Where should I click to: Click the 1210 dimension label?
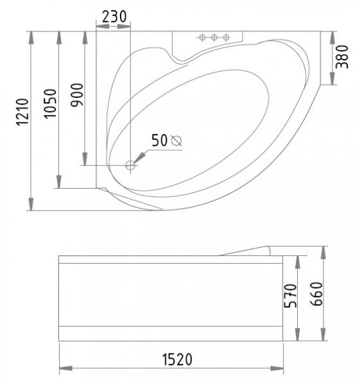(22, 112)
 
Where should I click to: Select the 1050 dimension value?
(51, 103)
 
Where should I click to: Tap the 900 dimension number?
(77, 95)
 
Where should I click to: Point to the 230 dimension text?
(114, 17)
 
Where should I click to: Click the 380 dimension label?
(342, 56)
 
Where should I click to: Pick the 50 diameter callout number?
(159, 141)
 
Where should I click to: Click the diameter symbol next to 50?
(176, 141)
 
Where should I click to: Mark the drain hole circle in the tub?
(130, 166)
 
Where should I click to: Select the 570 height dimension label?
(290, 296)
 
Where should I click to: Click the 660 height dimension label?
(316, 294)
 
